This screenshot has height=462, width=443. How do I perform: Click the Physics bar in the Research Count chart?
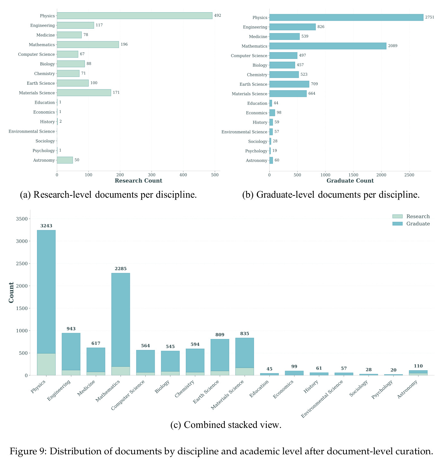click(134, 16)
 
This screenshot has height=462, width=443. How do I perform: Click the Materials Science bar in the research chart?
click(84, 93)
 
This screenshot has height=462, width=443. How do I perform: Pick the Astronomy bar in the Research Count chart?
click(65, 160)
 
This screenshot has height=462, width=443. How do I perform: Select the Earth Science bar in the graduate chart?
click(289, 84)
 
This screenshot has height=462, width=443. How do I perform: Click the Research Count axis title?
click(138, 180)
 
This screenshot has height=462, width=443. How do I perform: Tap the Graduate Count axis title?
click(350, 180)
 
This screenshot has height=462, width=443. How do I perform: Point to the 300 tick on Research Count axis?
click(151, 175)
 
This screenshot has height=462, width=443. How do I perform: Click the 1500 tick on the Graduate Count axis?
click(353, 175)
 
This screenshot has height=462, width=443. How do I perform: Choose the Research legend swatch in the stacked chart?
click(397, 216)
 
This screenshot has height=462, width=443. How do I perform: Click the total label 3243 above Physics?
click(46, 226)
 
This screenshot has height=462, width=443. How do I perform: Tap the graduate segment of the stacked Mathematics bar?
click(121, 320)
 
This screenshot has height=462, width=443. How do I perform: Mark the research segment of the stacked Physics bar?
click(46, 364)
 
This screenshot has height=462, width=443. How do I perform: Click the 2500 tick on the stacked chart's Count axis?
click(22, 263)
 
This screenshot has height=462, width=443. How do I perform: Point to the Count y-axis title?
click(11, 292)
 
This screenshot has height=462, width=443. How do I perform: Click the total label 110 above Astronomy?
click(418, 366)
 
